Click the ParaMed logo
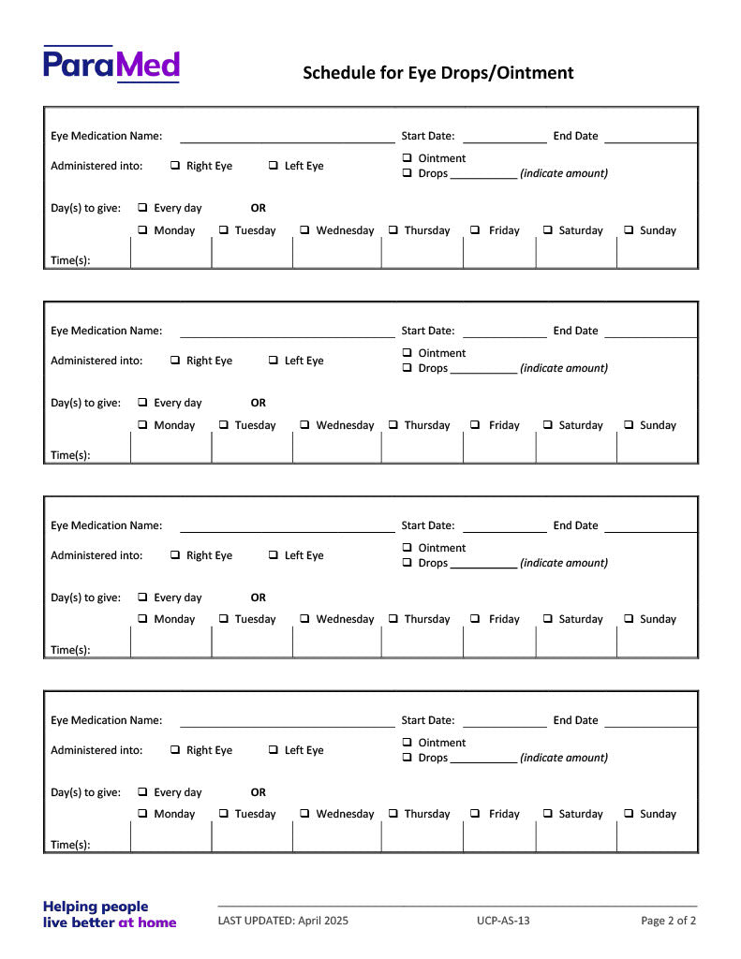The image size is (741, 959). [x=111, y=64]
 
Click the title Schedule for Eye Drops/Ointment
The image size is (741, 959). [x=437, y=73]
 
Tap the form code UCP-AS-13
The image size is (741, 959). [x=503, y=921]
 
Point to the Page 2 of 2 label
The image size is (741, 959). [x=668, y=921]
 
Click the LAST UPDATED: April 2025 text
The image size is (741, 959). [x=283, y=921]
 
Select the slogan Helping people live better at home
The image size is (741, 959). [x=110, y=914]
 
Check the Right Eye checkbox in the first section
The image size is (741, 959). [x=176, y=166]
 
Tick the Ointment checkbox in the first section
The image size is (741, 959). [x=408, y=158]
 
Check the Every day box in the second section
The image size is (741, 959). [x=143, y=403]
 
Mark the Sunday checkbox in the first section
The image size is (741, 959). [x=629, y=230]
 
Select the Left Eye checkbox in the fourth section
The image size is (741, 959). [x=274, y=750]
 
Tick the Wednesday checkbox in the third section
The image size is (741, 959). [x=305, y=619]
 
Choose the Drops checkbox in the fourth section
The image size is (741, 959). [x=408, y=758]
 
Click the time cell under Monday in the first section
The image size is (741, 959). [x=170, y=254]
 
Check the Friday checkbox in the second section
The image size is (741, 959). [x=475, y=425]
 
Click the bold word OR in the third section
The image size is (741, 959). [x=259, y=598]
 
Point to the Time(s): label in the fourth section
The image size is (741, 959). [x=70, y=845]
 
